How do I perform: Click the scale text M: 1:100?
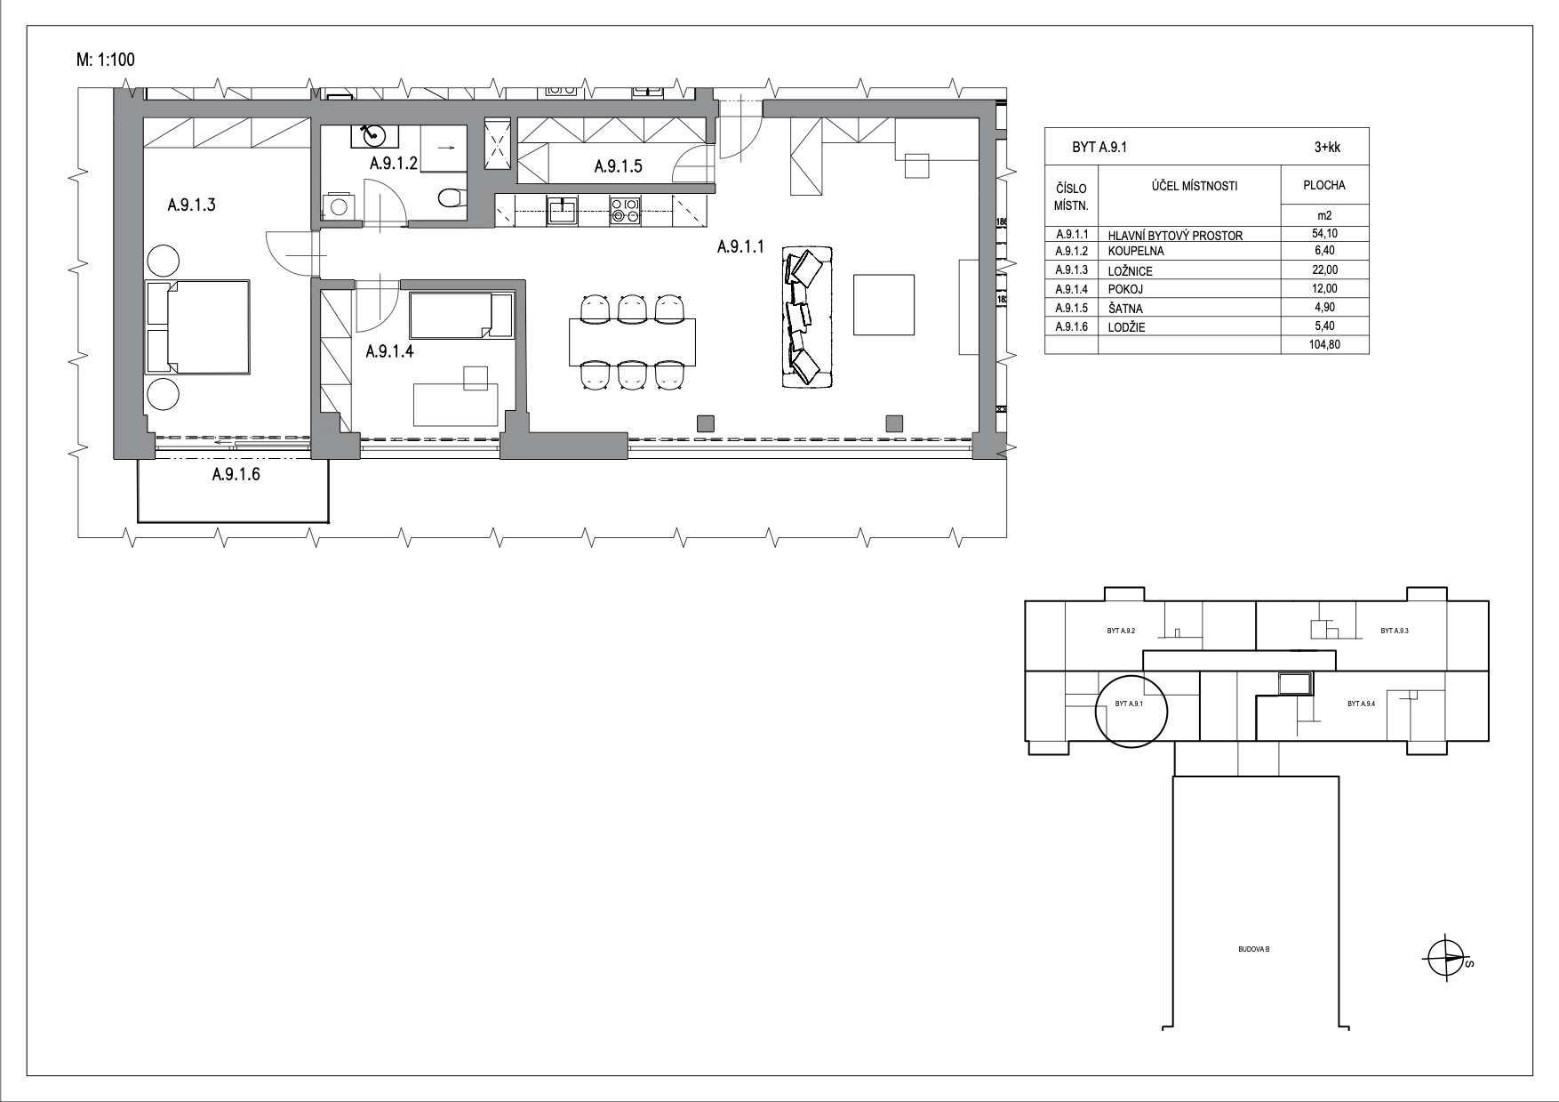[106, 60]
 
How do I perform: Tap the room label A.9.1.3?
[192, 205]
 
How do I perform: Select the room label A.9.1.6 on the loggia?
[236, 475]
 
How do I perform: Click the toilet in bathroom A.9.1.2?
[452, 197]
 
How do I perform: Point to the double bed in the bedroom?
[197, 326]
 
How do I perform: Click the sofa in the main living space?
[807, 318]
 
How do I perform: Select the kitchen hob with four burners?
[625, 211]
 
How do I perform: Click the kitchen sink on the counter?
[562, 211]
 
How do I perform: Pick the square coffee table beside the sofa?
[883, 304]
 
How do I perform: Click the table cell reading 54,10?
[1324, 234]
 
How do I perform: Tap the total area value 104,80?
[1324, 345]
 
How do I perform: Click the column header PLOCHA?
[1324, 186]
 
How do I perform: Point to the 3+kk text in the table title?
[1327, 149]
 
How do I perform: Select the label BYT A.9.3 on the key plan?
[1395, 631]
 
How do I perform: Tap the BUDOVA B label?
[1254, 950]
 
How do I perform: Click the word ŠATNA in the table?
[1125, 308]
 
